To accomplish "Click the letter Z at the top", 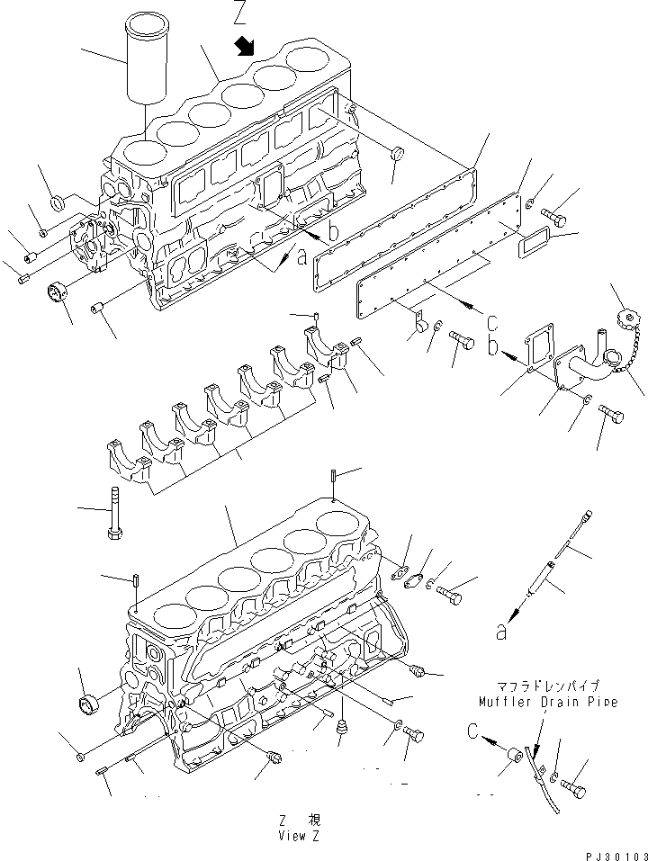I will pyautogui.click(x=238, y=13).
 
